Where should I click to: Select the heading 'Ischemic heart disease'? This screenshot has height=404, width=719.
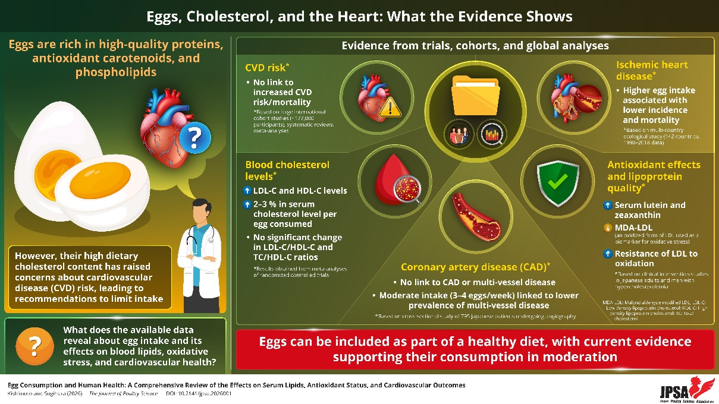pos(652,70)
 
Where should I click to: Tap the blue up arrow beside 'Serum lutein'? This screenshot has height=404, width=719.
pos(608,205)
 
